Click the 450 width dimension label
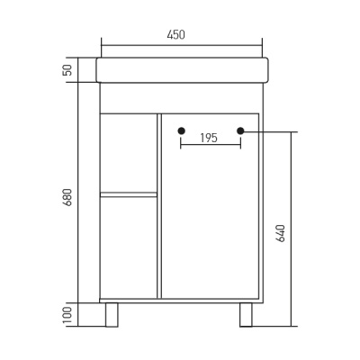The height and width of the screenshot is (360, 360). (x=175, y=35)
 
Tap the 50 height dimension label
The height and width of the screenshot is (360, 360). (x=67, y=70)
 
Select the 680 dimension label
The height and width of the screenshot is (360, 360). (x=67, y=196)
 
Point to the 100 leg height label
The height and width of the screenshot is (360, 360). (x=67, y=315)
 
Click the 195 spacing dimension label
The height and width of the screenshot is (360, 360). (x=208, y=138)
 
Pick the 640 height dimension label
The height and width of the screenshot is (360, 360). (x=280, y=232)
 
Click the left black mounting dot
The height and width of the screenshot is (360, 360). (x=181, y=131)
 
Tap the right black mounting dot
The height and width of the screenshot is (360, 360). (x=240, y=131)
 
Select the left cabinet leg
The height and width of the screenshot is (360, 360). (x=112, y=314)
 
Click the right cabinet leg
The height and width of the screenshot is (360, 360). (x=246, y=314)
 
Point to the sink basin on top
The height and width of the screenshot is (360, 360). (x=182, y=70)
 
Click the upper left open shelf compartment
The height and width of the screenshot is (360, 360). (x=129, y=152)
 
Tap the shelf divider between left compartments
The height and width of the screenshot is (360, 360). (x=129, y=193)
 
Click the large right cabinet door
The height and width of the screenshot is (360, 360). (x=211, y=216)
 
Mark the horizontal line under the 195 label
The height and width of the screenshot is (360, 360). (x=211, y=145)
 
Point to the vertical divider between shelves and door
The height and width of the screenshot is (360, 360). (x=159, y=205)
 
